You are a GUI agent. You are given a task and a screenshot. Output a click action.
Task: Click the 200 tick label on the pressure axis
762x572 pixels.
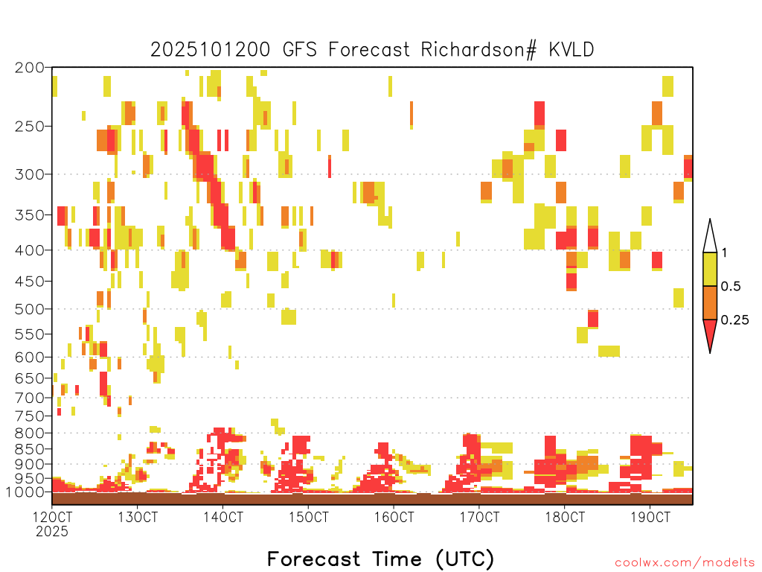(29, 68)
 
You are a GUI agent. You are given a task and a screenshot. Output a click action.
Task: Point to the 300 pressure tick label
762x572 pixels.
(29, 174)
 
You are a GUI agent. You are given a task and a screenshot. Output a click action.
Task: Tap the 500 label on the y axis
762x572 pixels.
(29, 309)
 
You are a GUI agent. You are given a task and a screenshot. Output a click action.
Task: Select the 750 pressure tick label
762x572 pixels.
(30, 416)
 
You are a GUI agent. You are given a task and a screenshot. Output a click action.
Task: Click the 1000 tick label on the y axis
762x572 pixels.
(25, 492)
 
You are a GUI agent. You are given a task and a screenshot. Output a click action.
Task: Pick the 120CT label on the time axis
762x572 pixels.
(52, 517)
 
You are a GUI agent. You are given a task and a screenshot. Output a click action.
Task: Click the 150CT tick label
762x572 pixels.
(308, 517)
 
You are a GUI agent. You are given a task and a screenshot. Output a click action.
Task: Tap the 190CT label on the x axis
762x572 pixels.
(650, 517)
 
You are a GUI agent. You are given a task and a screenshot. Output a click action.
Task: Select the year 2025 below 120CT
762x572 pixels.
(52, 532)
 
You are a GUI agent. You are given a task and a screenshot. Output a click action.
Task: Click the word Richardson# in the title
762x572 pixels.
(478, 50)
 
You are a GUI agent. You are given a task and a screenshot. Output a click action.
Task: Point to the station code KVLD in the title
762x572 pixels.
(571, 50)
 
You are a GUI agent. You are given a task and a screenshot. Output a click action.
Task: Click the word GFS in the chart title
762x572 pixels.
(300, 50)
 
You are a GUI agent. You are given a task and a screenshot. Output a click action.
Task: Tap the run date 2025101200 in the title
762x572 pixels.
(210, 50)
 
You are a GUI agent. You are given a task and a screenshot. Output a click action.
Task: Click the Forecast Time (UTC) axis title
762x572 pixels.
(380, 559)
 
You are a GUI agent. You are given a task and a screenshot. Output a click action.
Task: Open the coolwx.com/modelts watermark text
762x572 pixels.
(685, 563)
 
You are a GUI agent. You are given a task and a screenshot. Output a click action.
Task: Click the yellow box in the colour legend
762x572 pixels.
(710, 269)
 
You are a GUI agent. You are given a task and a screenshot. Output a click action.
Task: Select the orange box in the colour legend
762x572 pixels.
(710, 302)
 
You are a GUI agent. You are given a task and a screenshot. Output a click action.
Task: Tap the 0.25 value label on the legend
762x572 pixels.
(734, 320)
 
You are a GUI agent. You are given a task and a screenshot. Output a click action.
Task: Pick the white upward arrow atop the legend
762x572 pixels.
(710, 236)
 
